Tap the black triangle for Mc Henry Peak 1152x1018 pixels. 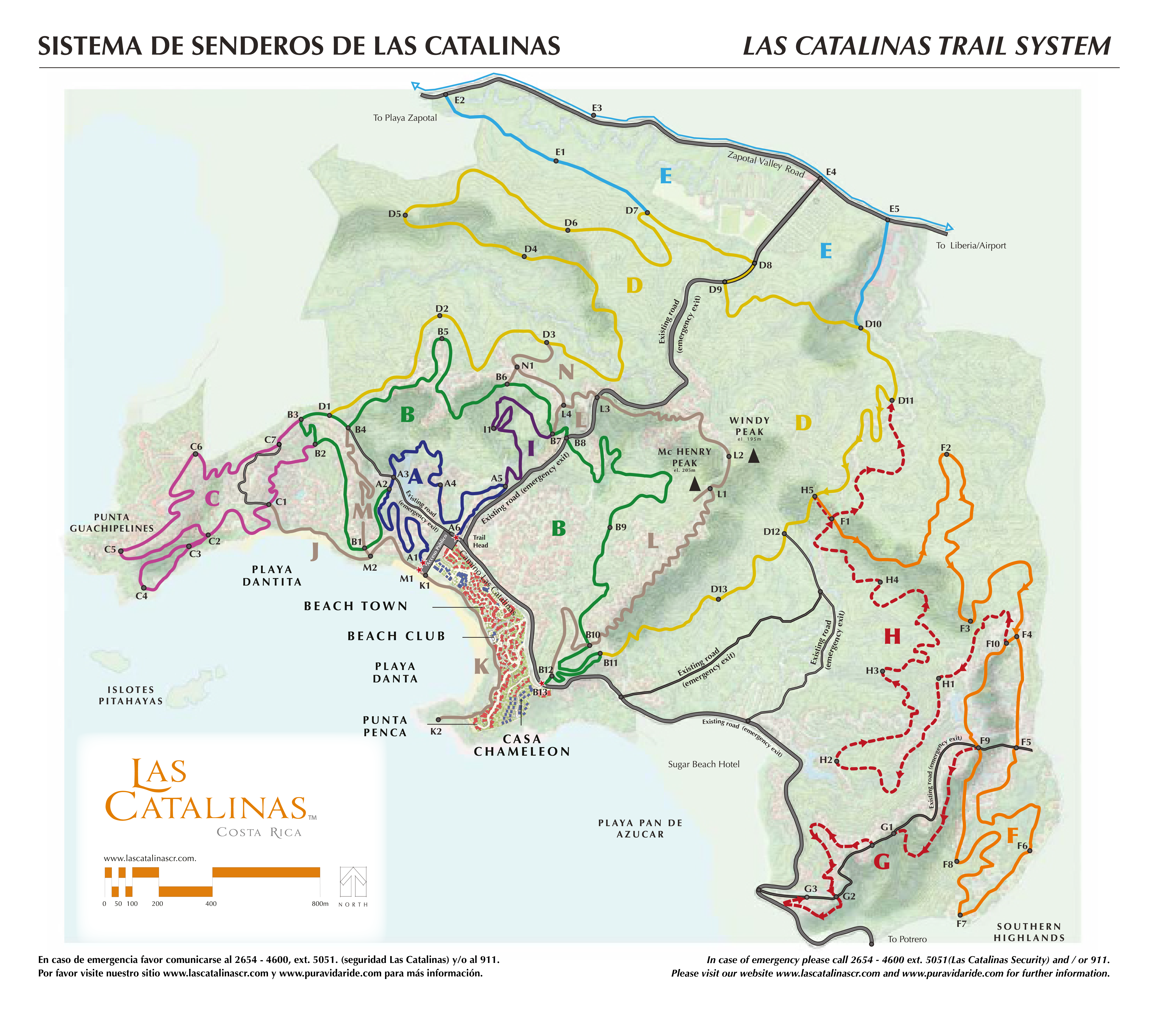point(695,484)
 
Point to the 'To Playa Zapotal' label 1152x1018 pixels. point(405,118)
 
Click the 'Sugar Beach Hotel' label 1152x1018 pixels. point(703,764)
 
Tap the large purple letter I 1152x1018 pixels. point(530,449)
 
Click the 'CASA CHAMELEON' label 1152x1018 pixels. point(522,745)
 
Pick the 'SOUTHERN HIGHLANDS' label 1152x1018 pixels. point(1029,932)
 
